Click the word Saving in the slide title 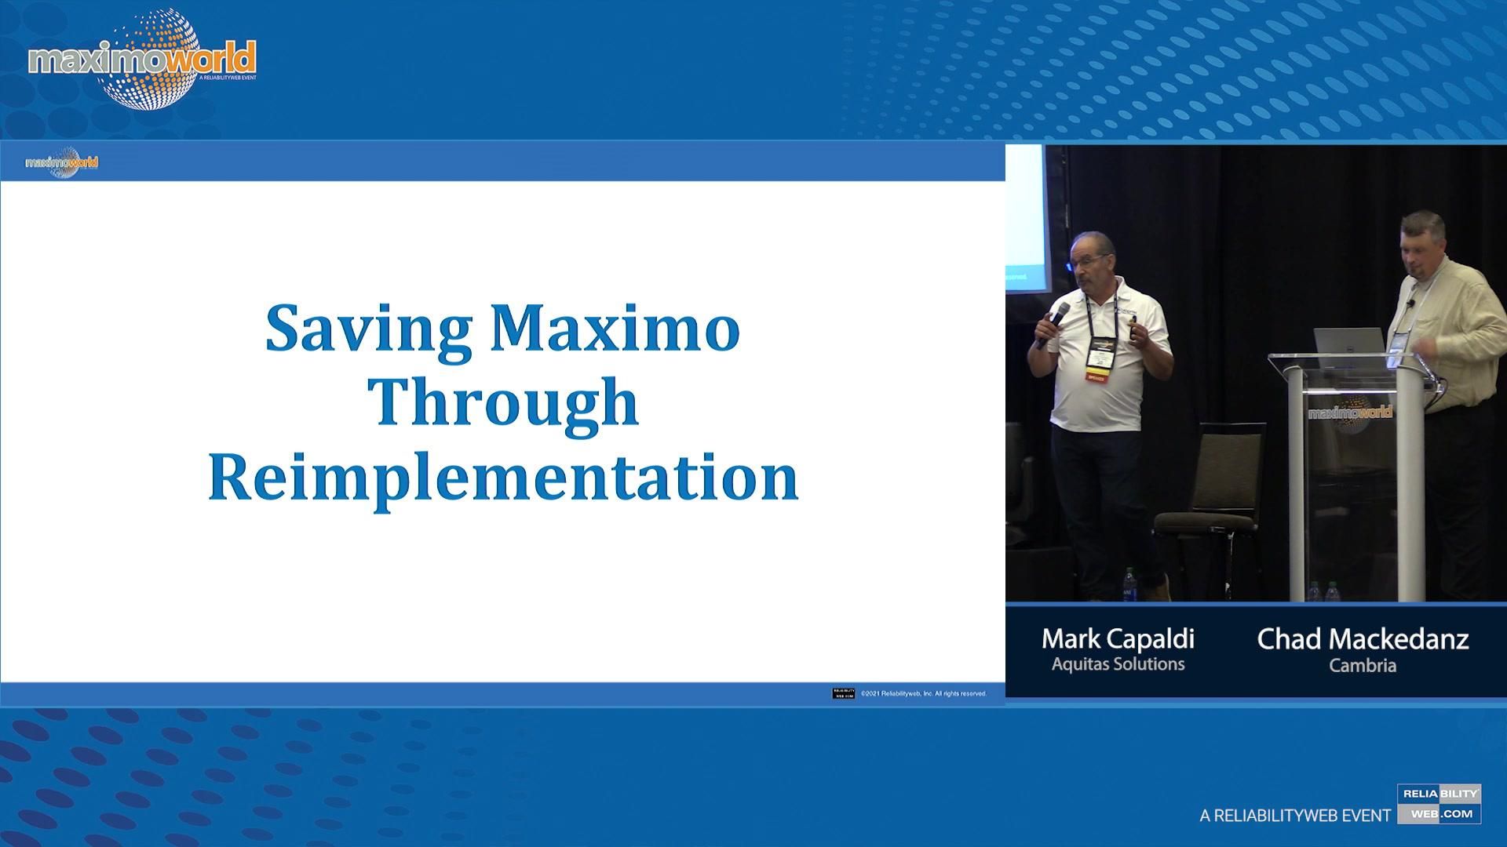click(x=368, y=329)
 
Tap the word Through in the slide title click(x=503, y=402)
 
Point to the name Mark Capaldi click(x=1118, y=639)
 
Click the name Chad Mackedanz click(x=1363, y=639)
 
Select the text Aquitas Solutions click(x=1118, y=664)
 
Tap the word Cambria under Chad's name click(x=1363, y=666)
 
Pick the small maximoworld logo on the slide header click(x=62, y=162)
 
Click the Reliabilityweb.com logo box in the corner click(x=1439, y=804)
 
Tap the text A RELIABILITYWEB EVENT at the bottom click(x=1295, y=816)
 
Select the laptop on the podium click(x=1348, y=342)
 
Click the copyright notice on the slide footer click(x=923, y=693)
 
